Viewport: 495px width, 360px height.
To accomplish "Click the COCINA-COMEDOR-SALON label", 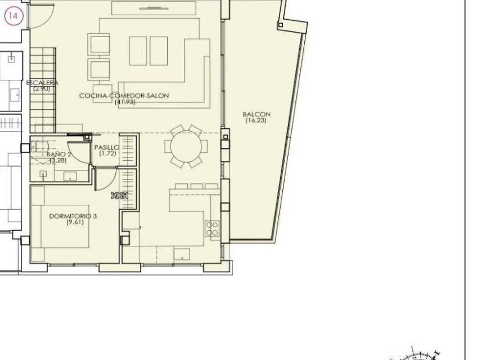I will (x=124, y=96).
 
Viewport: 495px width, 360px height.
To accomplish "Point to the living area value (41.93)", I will (x=124, y=102).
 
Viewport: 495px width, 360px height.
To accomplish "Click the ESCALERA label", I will (x=42, y=83).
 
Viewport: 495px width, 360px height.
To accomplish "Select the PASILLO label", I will (x=107, y=147).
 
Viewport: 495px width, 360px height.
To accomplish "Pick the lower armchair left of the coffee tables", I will (x=99, y=70).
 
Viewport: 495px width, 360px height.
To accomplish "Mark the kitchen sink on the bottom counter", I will (x=182, y=254).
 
